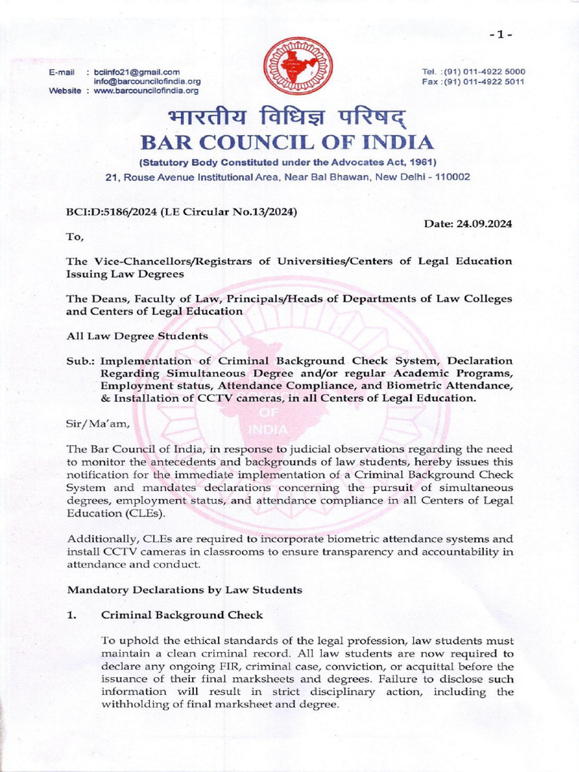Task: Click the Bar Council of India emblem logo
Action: coord(289,66)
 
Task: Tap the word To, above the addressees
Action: coord(76,237)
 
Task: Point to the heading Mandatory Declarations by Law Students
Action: coord(185,590)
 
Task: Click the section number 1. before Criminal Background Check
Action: coord(72,615)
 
